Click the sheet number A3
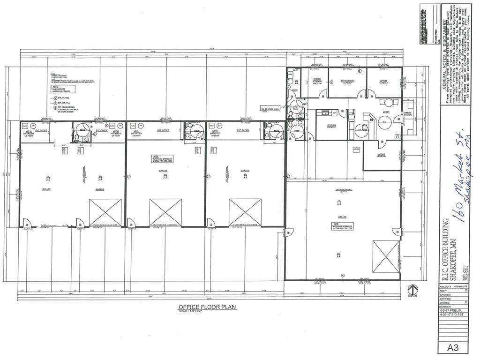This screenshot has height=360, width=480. (452, 348)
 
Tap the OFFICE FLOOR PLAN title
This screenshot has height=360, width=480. (207, 307)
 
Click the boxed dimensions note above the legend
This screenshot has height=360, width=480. (61, 88)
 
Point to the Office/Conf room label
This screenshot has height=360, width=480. (347, 81)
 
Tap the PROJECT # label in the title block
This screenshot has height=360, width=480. (446, 285)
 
